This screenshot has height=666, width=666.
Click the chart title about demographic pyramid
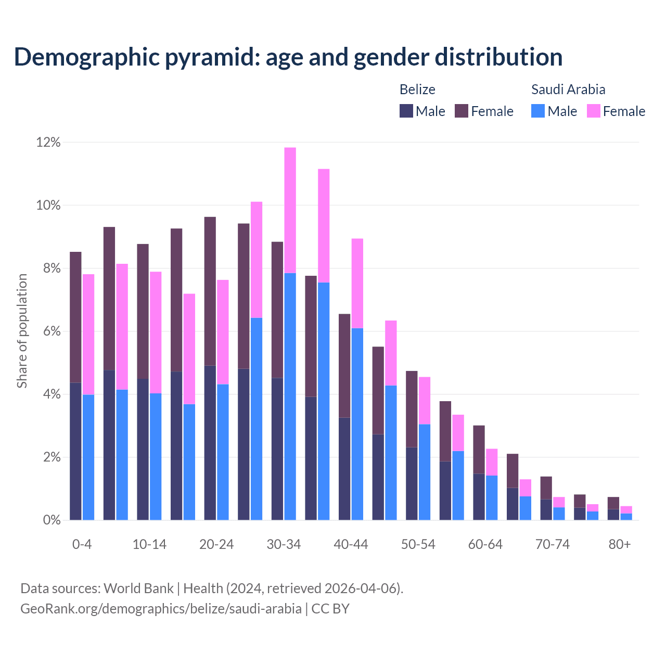288,57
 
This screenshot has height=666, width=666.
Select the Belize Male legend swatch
406,111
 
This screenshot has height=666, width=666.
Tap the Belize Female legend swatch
462,111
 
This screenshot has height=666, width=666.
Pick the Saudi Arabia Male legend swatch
538,111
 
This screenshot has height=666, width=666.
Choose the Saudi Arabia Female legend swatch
594,111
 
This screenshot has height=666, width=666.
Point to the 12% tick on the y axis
48,143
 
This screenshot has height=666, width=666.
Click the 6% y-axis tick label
52,331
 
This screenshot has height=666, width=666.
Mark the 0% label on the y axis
52,520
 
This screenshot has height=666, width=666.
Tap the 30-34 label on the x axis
284,545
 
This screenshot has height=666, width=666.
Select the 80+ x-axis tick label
620,545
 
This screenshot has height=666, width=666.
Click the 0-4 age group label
82,545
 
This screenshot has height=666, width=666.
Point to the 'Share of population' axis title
22,331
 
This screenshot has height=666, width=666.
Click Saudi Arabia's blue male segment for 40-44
357,424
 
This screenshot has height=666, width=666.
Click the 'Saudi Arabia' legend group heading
568,89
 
